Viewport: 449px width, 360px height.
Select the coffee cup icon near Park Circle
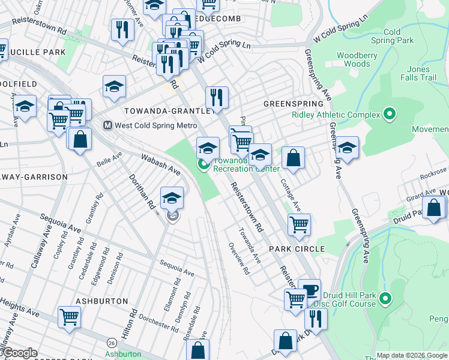click(x=309, y=289)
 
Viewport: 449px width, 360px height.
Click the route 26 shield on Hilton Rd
click(x=112, y=343)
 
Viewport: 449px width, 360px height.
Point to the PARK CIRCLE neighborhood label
click(x=297, y=248)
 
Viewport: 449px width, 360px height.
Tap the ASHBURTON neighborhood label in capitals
click(x=102, y=301)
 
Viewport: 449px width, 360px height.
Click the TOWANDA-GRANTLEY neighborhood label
click(x=169, y=111)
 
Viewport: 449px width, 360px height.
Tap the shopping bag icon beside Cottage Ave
click(x=293, y=158)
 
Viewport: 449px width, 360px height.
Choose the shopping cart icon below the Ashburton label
click(x=69, y=316)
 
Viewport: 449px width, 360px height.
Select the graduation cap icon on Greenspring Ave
click(x=348, y=148)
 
